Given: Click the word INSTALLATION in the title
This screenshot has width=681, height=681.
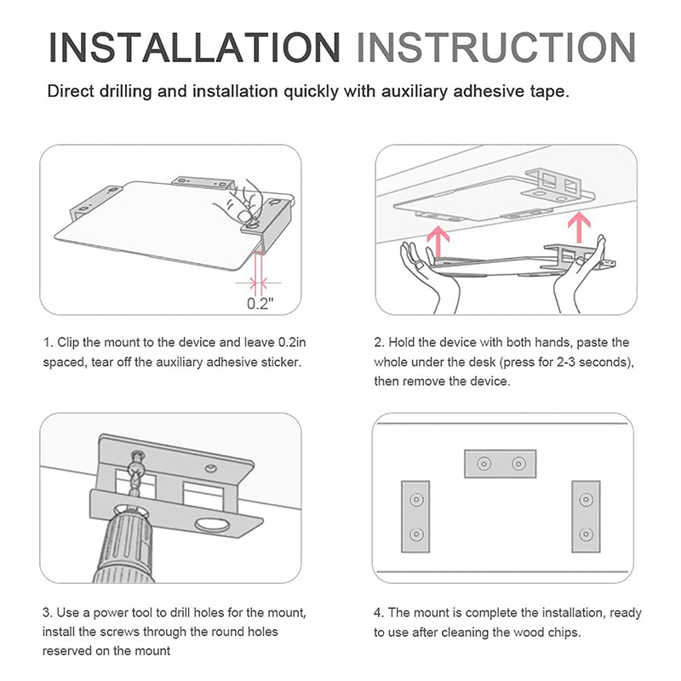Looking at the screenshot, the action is coord(194,48).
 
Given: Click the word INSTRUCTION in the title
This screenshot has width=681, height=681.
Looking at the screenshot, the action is coord(496,48).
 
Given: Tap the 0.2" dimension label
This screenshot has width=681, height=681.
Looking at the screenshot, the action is coord(260,303).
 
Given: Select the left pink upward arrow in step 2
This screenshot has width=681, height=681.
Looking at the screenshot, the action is coord(438,242).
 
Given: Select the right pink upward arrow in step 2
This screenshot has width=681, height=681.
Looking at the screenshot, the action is coord(579,227).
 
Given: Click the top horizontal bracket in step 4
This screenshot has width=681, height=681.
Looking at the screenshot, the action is coord(501,464).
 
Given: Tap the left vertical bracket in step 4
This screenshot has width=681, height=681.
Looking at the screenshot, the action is coord(415,517).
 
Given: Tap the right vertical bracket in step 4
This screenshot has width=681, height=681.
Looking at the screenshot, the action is coord(586,517).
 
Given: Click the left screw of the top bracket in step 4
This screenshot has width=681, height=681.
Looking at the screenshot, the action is coord(484,464).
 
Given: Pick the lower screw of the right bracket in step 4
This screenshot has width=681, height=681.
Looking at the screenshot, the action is coord(586,534).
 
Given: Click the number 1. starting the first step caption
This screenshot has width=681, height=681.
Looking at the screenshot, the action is coord(49,342).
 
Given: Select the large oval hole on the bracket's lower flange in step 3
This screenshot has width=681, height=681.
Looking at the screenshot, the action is coord(211,525).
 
